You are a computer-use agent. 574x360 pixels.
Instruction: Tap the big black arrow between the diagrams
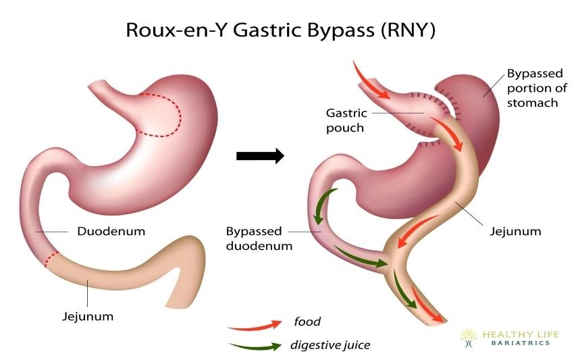(260, 156)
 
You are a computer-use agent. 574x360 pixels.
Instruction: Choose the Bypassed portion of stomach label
(532, 88)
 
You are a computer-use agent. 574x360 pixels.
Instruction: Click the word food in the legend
(308, 322)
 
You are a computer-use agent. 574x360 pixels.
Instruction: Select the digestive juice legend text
(330, 346)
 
